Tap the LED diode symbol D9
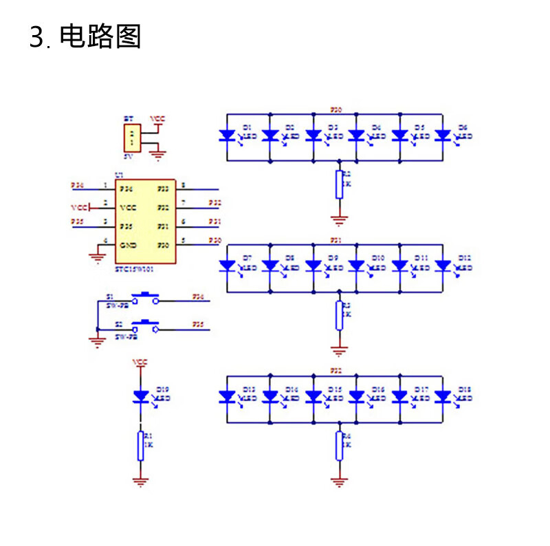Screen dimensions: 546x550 pos(314,265)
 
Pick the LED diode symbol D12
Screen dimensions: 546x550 pos(443,265)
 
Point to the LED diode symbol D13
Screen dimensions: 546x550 pos(228,397)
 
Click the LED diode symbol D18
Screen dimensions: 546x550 pos(443,397)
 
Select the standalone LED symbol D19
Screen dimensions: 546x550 pos(141,396)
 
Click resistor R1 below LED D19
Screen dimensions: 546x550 pos(141,445)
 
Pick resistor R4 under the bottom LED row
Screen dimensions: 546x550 pos(339,446)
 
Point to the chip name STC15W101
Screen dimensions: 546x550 pos(134,270)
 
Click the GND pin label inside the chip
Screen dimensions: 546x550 pos(128,245)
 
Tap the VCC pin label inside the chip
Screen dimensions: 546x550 pos(128,207)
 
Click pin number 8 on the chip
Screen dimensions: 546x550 pos(183,185)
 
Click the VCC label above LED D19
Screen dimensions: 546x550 pos(140,362)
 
